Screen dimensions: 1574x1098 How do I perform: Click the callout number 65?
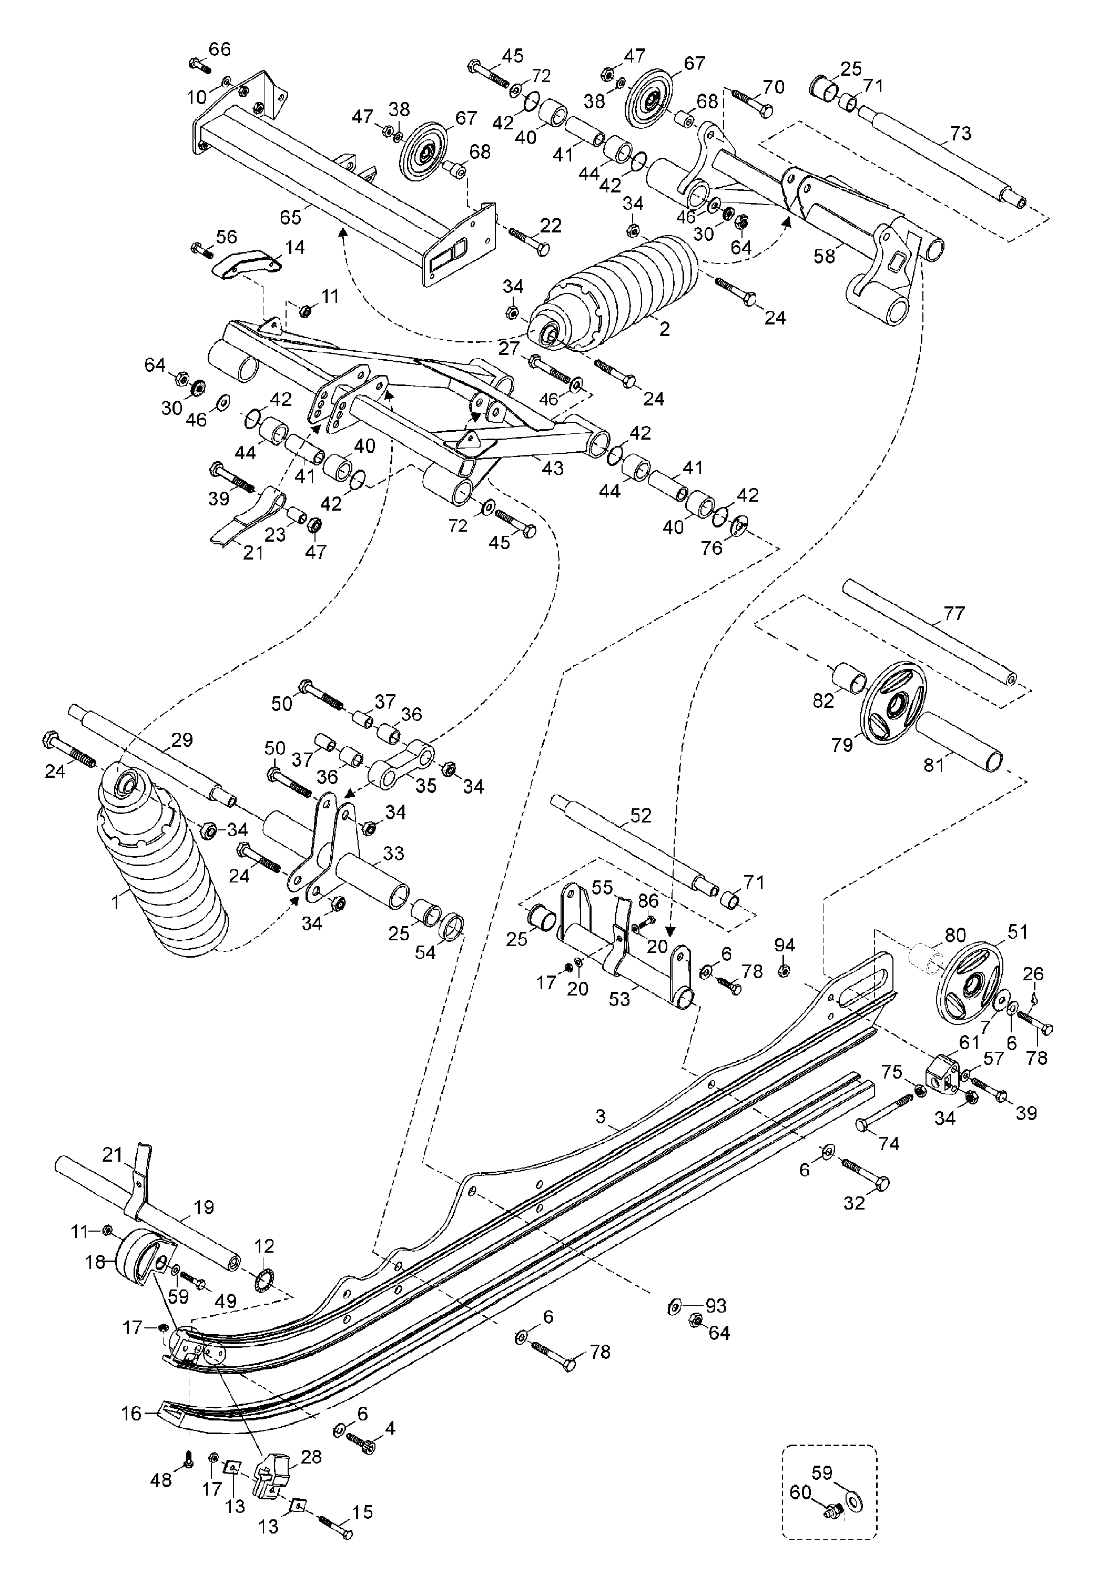tap(291, 217)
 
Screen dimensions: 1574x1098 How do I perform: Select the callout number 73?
tap(960, 133)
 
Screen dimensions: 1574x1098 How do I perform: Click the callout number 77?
tap(953, 614)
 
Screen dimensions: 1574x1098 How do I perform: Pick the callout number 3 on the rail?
tap(601, 1118)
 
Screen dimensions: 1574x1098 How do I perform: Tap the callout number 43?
tap(553, 468)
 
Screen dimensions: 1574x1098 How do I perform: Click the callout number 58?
tap(825, 256)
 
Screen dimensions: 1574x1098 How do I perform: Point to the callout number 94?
tap(785, 946)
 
